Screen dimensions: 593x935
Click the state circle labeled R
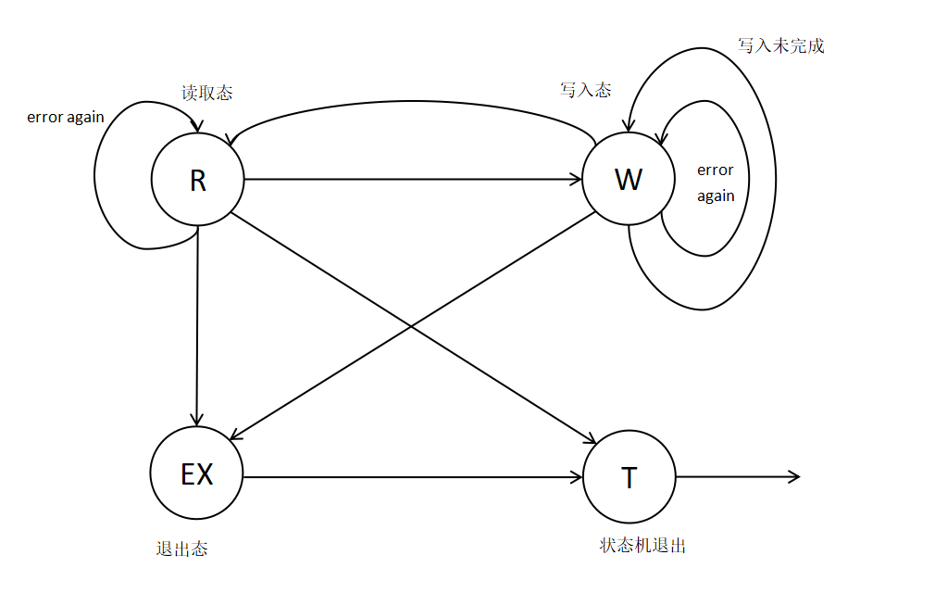(x=197, y=180)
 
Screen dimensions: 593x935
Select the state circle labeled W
(x=628, y=179)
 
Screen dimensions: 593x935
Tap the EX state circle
(x=196, y=474)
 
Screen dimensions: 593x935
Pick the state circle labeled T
(x=630, y=477)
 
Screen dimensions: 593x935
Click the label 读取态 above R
(x=206, y=93)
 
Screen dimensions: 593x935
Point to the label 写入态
(x=585, y=90)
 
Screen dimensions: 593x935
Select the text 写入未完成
(x=780, y=45)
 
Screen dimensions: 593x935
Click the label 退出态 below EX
(x=181, y=549)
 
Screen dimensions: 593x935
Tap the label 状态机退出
(x=642, y=546)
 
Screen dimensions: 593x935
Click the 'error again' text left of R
(x=65, y=118)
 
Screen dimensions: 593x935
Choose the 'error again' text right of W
(x=716, y=183)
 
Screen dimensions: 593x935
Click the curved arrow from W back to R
(x=412, y=101)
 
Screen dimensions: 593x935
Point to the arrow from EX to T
(x=412, y=477)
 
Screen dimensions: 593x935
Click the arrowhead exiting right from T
(x=792, y=477)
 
